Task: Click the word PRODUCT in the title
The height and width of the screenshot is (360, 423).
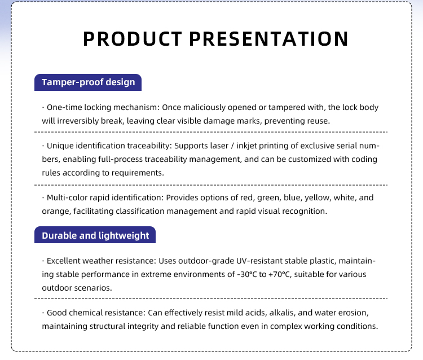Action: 133,38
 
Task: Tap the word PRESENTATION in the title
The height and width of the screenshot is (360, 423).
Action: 268,38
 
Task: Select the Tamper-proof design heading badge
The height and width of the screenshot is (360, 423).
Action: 88,82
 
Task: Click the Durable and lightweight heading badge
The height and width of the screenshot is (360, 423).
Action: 95,235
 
